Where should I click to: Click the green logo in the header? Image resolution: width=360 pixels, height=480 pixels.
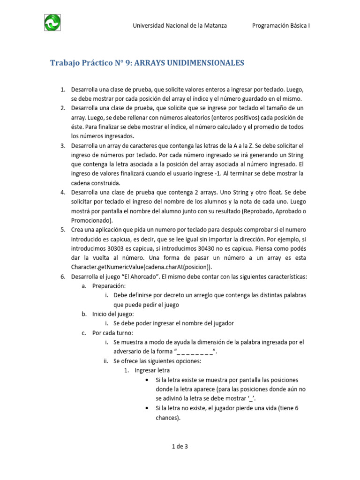[52, 22]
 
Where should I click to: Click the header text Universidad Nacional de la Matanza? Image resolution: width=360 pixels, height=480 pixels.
[180, 26]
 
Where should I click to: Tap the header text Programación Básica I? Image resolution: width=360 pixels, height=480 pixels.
[281, 26]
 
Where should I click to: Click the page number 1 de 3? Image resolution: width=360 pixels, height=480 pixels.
[180, 446]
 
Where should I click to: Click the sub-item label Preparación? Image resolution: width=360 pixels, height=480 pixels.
[109, 286]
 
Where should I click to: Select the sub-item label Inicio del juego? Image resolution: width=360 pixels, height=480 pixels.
[113, 314]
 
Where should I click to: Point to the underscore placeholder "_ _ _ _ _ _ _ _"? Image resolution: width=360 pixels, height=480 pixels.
[195, 352]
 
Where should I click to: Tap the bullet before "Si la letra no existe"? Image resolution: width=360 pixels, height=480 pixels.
[148, 408]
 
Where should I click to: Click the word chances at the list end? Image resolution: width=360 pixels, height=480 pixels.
[167, 417]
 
